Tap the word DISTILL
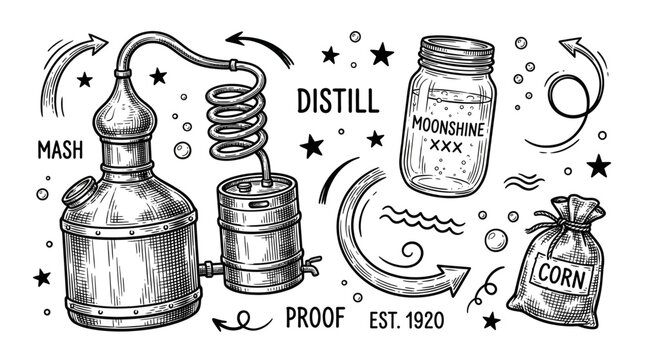(336, 101)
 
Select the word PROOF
(315, 318)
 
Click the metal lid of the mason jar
(455, 51)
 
